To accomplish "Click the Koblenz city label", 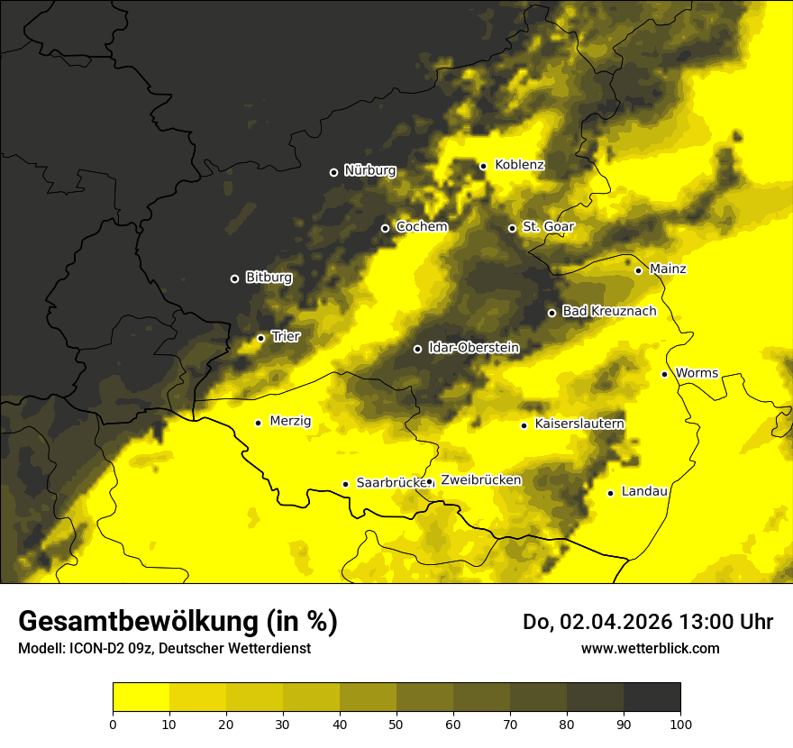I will [519, 165].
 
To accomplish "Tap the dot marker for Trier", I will [261, 338].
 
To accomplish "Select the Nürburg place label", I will [369, 170].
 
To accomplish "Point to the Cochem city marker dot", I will [386, 228].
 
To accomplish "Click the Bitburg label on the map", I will [269, 278].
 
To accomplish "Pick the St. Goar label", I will [548, 227].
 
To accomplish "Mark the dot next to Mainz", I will [638, 270].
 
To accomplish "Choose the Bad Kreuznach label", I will [609, 312].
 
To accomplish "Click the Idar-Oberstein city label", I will [473, 348].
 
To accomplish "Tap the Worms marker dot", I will [664, 374].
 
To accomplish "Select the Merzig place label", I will [290, 421].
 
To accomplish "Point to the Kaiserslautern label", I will [579, 424].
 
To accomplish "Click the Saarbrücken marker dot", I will [345, 484].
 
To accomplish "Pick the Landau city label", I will [644, 491].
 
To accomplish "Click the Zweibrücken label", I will [480, 480].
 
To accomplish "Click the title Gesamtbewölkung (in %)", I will [178, 622].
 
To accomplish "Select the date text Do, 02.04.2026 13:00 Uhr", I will [647, 622].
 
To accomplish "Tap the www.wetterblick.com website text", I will [650, 648].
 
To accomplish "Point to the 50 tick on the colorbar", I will [396, 723].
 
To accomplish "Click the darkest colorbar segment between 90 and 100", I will [652, 698].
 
